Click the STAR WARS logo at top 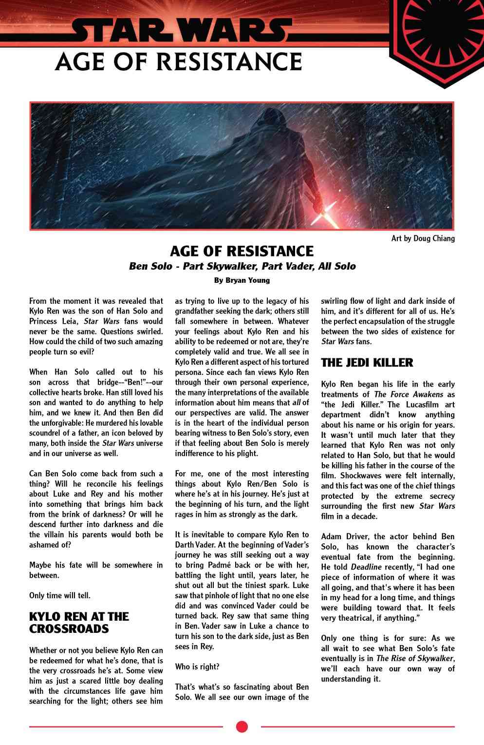(x=180, y=31)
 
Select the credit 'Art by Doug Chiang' (x=423, y=238)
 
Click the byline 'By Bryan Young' (x=242, y=280)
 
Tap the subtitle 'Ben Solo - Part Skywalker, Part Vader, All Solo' (x=242, y=266)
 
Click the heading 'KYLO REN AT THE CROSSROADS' (x=79, y=623)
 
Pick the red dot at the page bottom (x=242, y=727)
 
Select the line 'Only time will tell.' (x=60, y=595)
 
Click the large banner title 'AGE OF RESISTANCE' (x=178, y=62)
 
